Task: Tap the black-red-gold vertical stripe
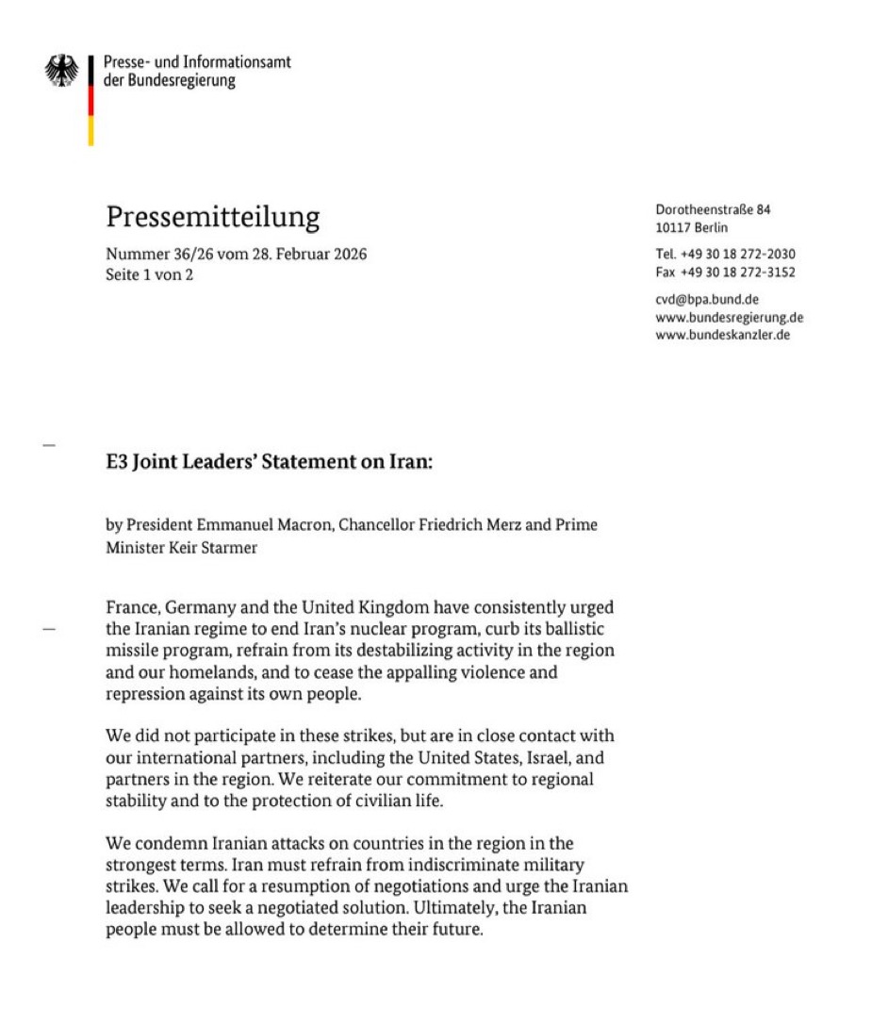90,100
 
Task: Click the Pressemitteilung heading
212,218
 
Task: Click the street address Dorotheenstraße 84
713,210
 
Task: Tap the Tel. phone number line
725,254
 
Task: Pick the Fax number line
725,273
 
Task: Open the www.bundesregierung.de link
729,318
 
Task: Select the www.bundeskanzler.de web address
722,336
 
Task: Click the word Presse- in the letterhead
128,63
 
